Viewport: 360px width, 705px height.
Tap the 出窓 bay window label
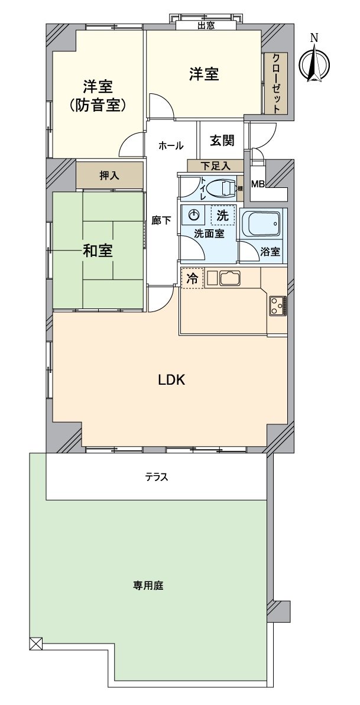point(206,25)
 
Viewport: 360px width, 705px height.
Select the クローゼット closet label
point(276,83)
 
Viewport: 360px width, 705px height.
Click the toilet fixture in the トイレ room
point(224,189)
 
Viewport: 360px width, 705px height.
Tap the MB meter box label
point(258,184)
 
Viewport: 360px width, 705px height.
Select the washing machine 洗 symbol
point(222,216)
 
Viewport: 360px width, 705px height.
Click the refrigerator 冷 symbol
point(193,278)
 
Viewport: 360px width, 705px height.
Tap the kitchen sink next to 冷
point(229,278)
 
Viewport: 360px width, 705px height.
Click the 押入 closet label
point(109,176)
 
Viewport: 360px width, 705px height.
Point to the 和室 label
point(98,251)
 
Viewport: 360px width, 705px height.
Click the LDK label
point(171,380)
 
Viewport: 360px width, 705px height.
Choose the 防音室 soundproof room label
point(98,106)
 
